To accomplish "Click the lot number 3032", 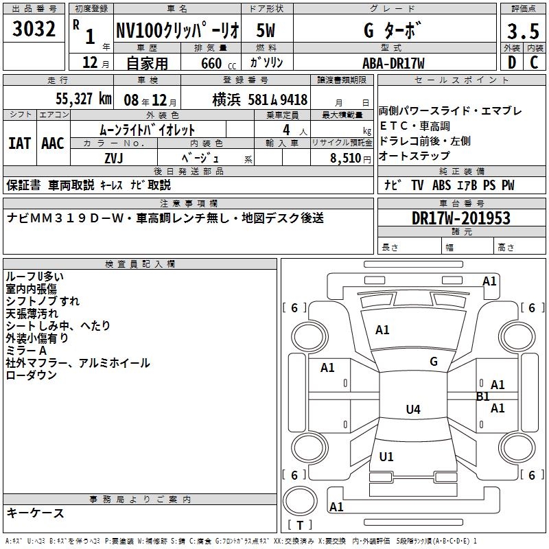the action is pyautogui.click(x=34, y=29).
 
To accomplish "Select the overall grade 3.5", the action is pyautogui.click(x=523, y=31).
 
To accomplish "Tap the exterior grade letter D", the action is pyautogui.click(x=512, y=62).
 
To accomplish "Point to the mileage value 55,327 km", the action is pyautogui.click(x=84, y=99).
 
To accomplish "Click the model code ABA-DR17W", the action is pyautogui.click(x=393, y=63).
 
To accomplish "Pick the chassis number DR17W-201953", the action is pyautogui.click(x=460, y=218).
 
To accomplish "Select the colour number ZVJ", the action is pyautogui.click(x=114, y=159).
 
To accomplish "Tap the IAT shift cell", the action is pyautogui.click(x=20, y=143).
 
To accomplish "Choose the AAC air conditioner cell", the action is pyautogui.click(x=53, y=143).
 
